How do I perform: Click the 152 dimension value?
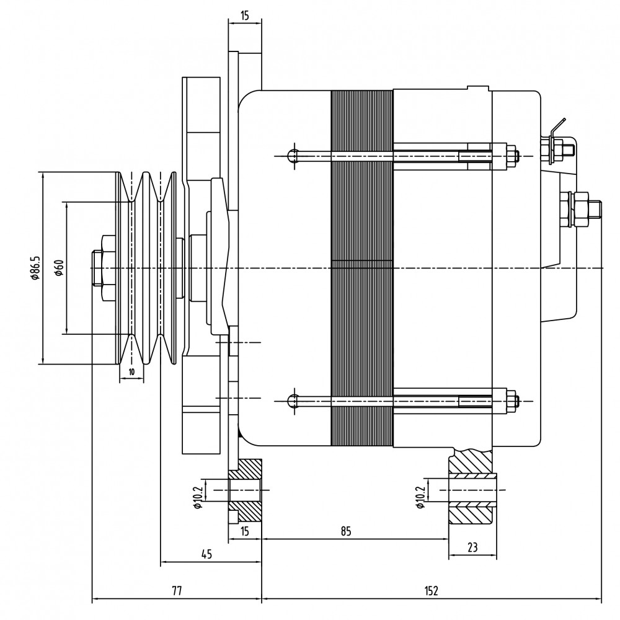click(x=432, y=591)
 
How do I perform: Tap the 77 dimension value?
click(x=177, y=591)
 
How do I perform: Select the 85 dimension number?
click(x=346, y=531)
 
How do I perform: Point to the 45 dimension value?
click(x=206, y=554)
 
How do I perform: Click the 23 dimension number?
click(x=472, y=547)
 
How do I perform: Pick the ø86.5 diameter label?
click(x=35, y=268)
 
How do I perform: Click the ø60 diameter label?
click(x=59, y=268)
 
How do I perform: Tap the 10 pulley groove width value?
click(x=131, y=371)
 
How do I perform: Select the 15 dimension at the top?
click(x=245, y=16)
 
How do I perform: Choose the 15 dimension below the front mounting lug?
click(x=245, y=531)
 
